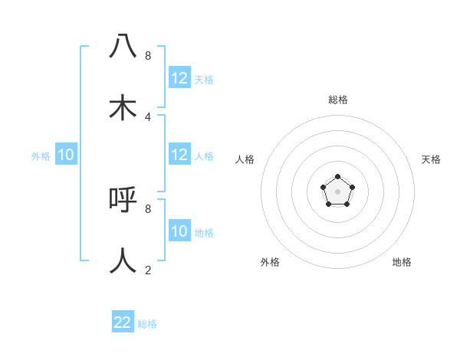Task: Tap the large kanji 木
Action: (123, 107)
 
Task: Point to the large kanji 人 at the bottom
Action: (123, 260)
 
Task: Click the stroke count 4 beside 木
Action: (148, 116)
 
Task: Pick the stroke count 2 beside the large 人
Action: (148, 270)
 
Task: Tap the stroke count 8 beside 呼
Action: (148, 208)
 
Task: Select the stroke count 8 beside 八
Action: (148, 55)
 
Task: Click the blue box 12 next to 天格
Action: (179, 78)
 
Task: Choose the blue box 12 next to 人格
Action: (179, 155)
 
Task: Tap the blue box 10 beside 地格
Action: (179, 231)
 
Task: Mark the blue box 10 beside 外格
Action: (66, 155)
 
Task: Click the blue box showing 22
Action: (123, 322)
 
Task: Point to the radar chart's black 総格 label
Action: (338, 100)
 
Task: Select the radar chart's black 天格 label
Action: (431, 159)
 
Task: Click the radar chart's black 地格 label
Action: (402, 262)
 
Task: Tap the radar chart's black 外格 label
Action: (270, 262)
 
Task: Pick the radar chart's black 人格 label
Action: (245, 159)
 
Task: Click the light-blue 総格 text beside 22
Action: (147, 324)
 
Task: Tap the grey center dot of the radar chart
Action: (338, 191)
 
